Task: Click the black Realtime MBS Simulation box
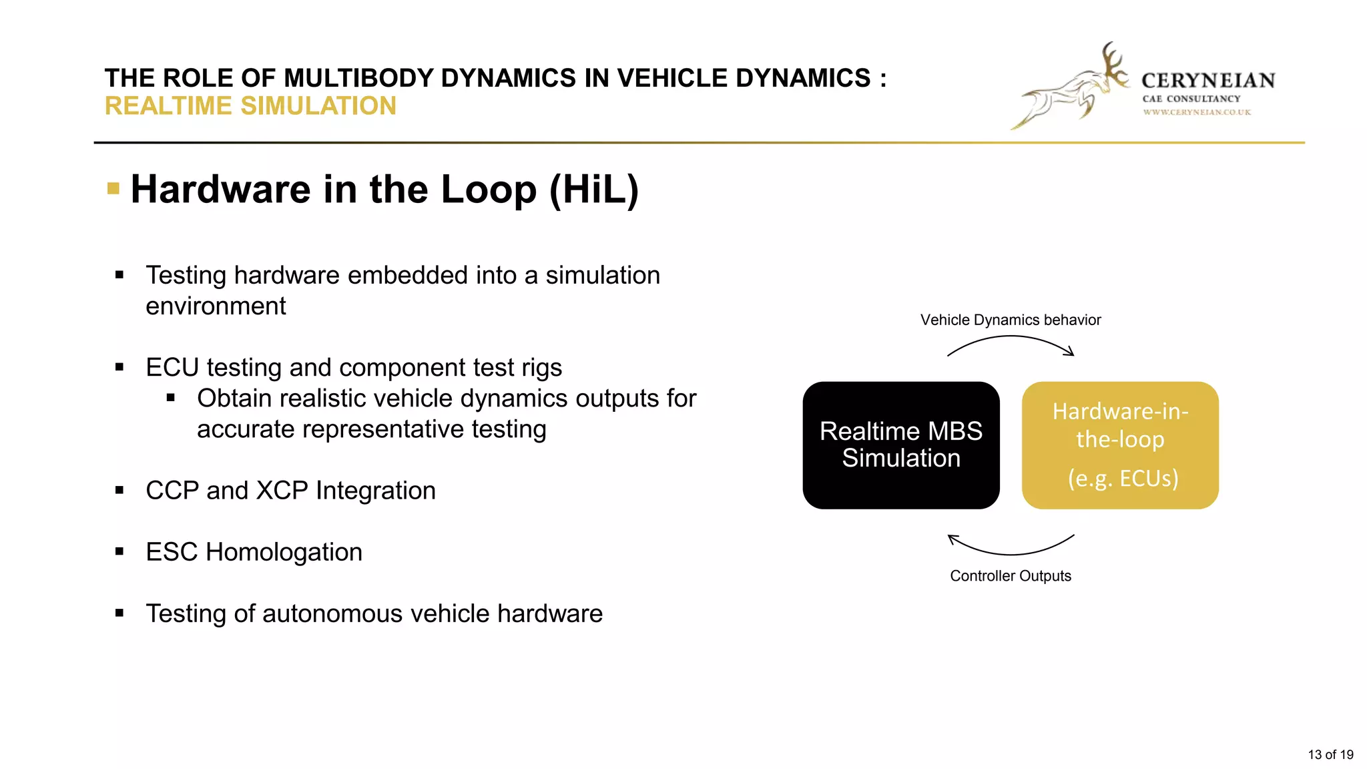coord(900,445)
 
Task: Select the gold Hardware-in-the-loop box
coord(1119,445)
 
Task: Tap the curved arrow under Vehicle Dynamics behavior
coord(1011,338)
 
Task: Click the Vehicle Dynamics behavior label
coord(1010,320)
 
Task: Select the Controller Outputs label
coord(1010,575)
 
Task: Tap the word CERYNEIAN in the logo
coord(1207,81)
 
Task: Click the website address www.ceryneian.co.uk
coord(1196,112)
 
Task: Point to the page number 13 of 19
coord(1330,754)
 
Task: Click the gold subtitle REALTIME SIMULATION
coord(250,106)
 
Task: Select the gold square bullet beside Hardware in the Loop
coord(113,189)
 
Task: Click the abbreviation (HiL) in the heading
coord(593,190)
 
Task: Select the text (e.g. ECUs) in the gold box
coord(1123,478)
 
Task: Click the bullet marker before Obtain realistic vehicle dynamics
coord(171,398)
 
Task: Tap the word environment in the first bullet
coord(216,306)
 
